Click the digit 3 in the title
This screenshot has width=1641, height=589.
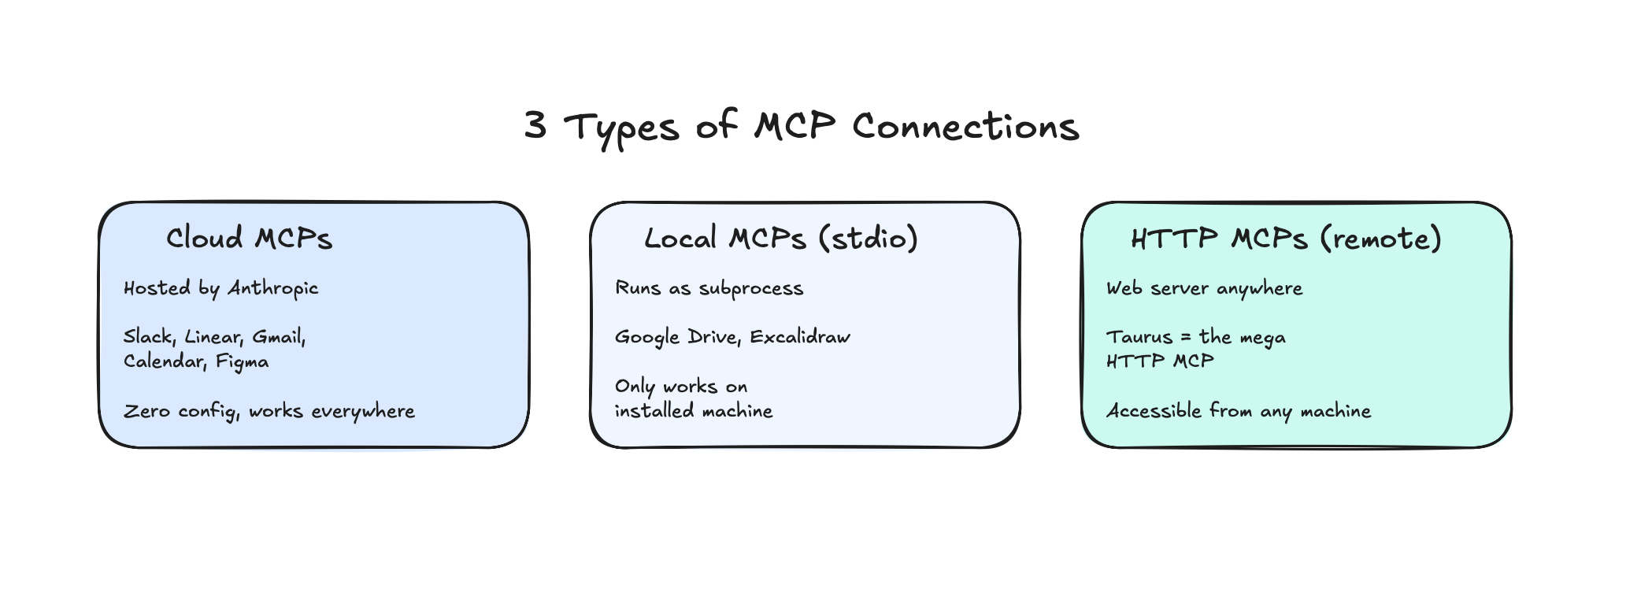tap(535, 125)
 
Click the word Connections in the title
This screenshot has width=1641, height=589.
tap(965, 126)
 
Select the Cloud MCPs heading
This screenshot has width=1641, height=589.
tap(249, 238)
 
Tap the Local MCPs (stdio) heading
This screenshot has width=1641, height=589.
tap(781, 238)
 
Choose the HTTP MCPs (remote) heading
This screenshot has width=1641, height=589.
tap(1286, 238)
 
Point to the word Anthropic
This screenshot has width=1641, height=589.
tap(272, 288)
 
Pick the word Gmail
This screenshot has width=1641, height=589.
tap(279, 337)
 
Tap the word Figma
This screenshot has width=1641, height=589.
tap(243, 362)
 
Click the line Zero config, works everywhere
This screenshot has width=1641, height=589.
tap(269, 411)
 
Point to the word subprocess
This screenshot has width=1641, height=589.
tap(751, 288)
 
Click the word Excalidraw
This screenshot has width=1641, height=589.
tap(800, 337)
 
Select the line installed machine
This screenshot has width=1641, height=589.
tap(694, 411)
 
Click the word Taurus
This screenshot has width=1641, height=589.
tap(1139, 337)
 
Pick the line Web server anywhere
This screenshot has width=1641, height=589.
tap(1204, 288)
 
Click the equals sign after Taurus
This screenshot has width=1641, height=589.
tap(1186, 338)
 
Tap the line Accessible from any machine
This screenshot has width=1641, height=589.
tap(1239, 411)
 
